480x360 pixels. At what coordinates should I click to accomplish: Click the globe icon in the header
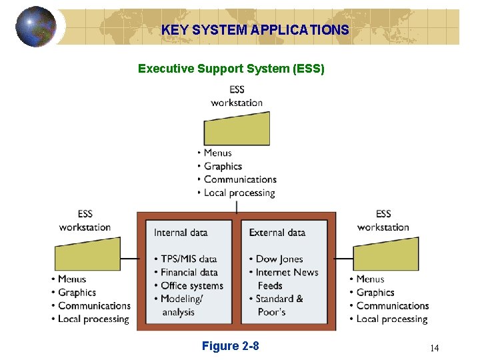coord(36,26)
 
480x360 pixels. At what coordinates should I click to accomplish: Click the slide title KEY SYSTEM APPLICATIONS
coord(255,30)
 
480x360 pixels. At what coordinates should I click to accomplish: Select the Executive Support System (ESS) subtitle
coord(231,68)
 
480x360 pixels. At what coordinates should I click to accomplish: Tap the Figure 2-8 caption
coord(230,345)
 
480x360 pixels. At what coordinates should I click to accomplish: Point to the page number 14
coord(435,348)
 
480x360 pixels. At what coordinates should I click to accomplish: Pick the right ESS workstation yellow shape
coord(385,254)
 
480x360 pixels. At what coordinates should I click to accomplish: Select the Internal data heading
coord(181,233)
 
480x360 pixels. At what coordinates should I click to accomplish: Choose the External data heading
coord(277,233)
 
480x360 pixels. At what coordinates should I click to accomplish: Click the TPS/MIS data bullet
coord(189,259)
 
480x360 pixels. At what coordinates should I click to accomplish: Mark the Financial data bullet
coord(189,272)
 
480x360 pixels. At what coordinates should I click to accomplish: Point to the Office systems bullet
coord(192,285)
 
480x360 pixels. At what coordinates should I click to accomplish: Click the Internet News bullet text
coord(287,272)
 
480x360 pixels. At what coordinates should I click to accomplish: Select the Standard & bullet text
coord(279,299)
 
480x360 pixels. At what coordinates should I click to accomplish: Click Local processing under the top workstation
coord(239,193)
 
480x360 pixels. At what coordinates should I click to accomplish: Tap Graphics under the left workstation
coord(77,292)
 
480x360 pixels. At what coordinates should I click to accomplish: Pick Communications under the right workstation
coord(392,305)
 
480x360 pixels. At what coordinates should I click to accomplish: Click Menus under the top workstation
coord(218,153)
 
